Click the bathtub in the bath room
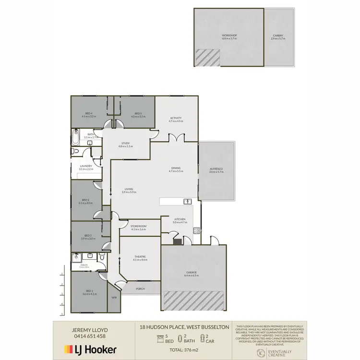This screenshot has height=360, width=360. point(75,137)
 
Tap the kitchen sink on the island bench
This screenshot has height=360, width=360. point(187,201)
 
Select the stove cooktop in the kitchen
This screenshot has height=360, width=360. point(196,231)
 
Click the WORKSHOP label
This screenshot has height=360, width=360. point(229,36)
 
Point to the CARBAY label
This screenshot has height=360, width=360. point(278,36)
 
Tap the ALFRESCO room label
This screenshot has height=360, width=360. point(217,169)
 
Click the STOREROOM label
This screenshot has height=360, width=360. point(138,226)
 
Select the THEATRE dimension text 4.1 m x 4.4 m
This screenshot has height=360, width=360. point(140,260)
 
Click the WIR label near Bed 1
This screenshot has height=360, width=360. point(114,298)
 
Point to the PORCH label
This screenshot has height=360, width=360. point(141,288)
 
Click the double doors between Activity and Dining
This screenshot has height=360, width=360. point(177,138)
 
